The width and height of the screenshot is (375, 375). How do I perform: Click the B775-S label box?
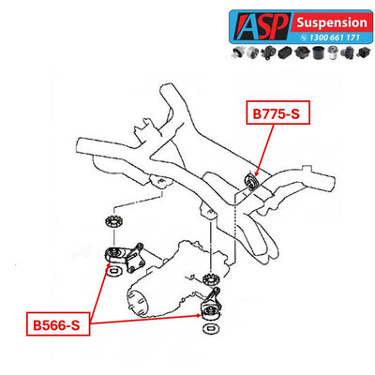click(277, 112)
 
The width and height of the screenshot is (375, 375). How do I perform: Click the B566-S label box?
click(58, 323)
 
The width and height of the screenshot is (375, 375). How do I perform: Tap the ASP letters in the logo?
click(261, 26)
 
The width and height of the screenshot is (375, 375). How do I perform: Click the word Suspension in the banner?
click(332, 22)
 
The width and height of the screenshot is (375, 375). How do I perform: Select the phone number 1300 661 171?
click(335, 37)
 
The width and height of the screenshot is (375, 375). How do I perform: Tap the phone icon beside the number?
click(305, 37)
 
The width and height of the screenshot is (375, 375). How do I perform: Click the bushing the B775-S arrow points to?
click(250, 181)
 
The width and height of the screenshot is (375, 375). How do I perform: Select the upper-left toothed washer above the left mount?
click(113, 222)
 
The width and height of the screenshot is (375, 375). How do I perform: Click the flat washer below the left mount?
click(115, 271)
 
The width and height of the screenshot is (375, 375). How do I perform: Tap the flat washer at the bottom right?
click(211, 329)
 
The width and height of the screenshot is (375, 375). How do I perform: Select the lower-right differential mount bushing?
click(210, 311)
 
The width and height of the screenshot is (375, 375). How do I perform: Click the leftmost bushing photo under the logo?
click(238, 52)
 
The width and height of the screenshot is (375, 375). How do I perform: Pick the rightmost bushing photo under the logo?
click(363, 52)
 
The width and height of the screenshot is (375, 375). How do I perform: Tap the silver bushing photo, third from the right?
click(333, 52)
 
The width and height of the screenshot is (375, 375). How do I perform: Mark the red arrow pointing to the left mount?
click(99, 291)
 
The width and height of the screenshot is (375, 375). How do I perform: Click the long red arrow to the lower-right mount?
click(145, 319)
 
